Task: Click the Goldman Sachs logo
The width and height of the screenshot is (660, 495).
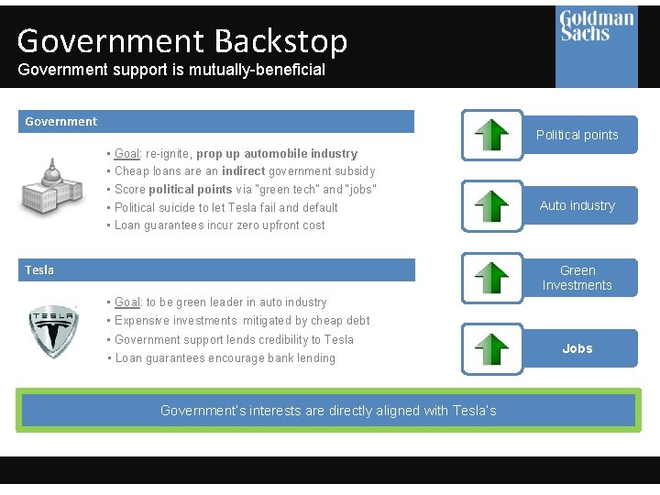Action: [597, 27]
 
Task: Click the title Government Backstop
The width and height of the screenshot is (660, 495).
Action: [182, 41]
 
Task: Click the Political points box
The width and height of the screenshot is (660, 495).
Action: [577, 135]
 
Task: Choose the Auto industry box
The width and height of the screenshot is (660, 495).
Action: [577, 205]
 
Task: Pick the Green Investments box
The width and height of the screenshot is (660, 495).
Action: [577, 278]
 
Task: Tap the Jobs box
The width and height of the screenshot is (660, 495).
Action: [577, 348]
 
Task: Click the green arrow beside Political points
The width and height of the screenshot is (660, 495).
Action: [492, 135]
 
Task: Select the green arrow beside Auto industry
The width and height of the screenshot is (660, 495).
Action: [492, 205]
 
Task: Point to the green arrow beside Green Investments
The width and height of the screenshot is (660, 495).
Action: [492, 278]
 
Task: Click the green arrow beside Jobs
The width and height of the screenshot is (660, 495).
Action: [492, 349]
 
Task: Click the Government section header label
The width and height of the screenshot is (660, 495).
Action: [61, 121]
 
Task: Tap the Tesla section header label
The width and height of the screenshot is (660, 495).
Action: [39, 269]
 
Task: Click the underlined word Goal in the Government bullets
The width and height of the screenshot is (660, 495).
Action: [126, 153]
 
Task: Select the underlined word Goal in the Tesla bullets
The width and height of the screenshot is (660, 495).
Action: [126, 302]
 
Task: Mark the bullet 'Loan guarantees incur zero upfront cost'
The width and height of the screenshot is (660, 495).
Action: [220, 225]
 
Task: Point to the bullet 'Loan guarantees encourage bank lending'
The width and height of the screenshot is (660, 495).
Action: [225, 358]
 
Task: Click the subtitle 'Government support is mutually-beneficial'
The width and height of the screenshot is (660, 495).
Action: [171, 70]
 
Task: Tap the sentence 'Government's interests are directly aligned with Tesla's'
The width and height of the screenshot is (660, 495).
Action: [328, 411]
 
